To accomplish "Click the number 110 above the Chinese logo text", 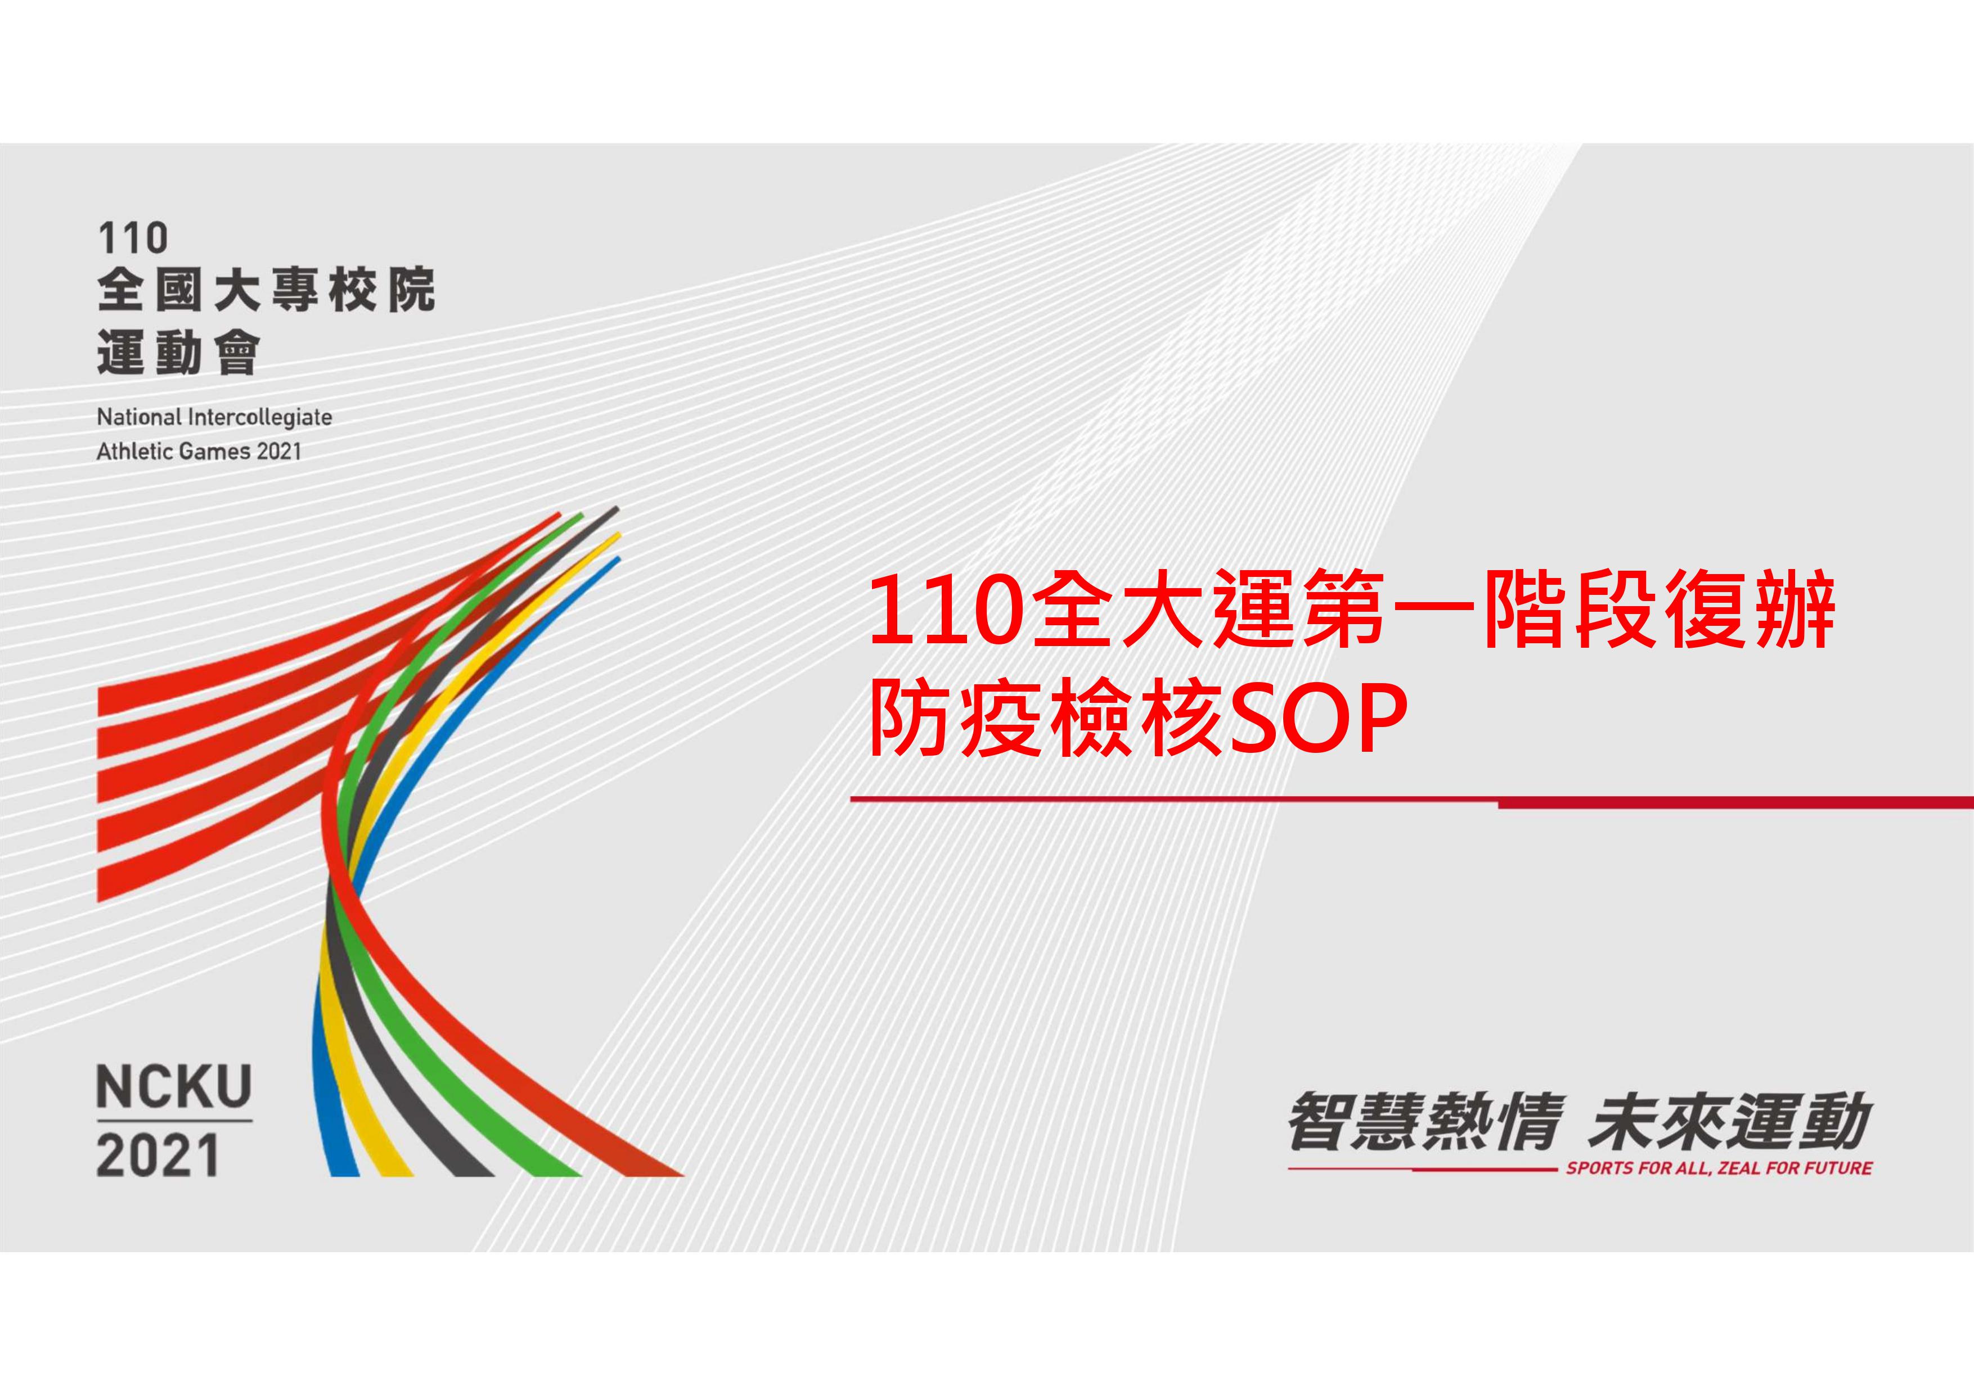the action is tap(133, 238).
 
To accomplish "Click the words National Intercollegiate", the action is tap(214, 418).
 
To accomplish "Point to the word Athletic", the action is tap(134, 452).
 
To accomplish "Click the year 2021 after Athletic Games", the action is tap(280, 452).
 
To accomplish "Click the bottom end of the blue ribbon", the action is tap(344, 1174).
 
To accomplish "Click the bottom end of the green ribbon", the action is tap(555, 1174).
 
